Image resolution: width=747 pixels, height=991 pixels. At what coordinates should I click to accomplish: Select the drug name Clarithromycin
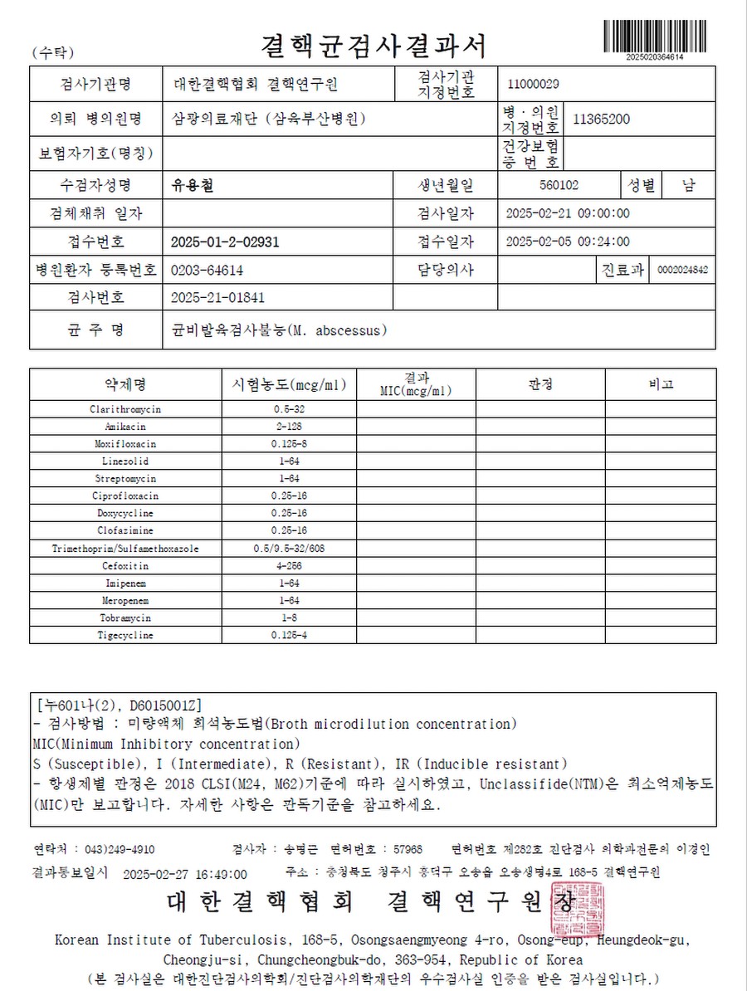coord(125,409)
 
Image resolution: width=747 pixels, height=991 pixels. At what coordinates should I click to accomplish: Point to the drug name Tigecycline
coord(125,636)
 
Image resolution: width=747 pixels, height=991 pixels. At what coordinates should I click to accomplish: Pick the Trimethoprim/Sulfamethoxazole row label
coord(125,549)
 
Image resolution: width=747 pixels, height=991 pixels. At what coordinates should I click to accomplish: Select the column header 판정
coord(539,384)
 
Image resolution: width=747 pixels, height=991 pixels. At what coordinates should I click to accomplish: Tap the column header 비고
coord(661,384)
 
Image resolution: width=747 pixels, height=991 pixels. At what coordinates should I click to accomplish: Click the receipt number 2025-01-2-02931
coord(224,242)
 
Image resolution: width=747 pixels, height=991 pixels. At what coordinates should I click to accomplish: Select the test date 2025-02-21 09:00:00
coord(567,213)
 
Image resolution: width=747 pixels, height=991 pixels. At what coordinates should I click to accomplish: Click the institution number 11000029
coord(533,83)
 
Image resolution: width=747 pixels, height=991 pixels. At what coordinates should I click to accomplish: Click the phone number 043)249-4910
coord(120,849)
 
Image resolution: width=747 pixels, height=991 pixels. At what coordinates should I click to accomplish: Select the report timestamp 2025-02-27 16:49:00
coord(184,874)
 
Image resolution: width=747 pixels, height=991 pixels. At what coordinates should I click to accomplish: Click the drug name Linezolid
coord(125,461)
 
